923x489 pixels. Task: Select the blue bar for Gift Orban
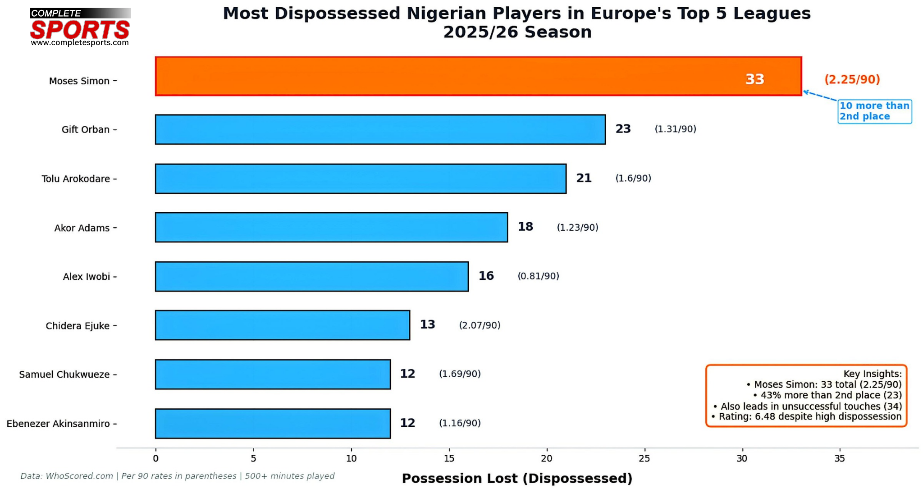(380, 129)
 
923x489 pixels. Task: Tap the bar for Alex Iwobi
(311, 276)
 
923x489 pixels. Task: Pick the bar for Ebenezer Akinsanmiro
(273, 423)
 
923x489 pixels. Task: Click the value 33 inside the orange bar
(754, 79)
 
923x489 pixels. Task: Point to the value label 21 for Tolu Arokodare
(584, 178)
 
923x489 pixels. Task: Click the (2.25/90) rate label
(852, 79)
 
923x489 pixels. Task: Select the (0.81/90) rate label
(538, 276)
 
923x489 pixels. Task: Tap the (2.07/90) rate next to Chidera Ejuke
(480, 325)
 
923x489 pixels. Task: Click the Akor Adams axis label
(82, 228)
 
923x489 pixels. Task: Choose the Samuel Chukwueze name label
(64, 375)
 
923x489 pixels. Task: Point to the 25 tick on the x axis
(644, 458)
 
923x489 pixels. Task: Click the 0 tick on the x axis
(156, 458)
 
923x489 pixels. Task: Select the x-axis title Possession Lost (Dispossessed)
(517, 478)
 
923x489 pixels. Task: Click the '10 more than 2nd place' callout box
(874, 111)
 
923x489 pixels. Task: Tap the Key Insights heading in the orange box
(872, 374)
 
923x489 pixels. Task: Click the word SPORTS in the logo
(80, 30)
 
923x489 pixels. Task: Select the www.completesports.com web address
(80, 43)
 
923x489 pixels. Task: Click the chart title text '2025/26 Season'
(517, 32)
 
